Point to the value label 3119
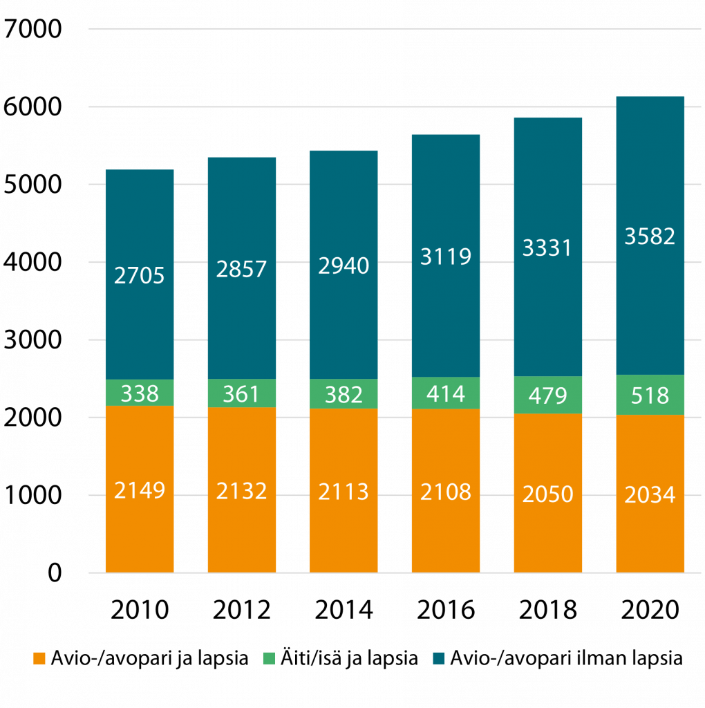coord(446,257)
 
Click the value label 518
coord(650,395)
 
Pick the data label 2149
coord(139,492)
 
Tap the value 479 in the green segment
coord(548,395)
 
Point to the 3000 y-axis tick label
coord(32,340)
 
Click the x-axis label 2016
coord(446,610)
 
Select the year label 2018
coord(548,610)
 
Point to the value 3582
coord(650,236)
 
